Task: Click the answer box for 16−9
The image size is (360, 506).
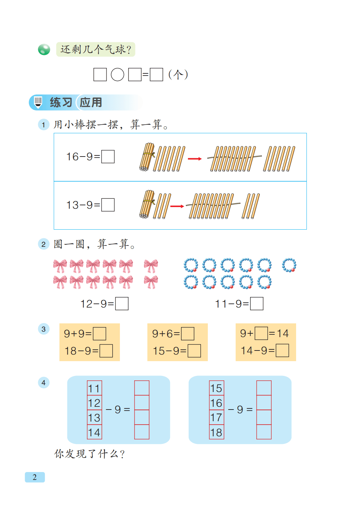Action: [x=108, y=157]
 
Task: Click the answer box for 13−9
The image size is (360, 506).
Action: [x=108, y=205]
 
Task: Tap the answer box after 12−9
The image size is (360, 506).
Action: [x=122, y=303]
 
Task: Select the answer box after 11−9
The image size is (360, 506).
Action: [x=257, y=303]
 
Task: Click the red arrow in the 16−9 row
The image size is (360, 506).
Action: [x=195, y=159]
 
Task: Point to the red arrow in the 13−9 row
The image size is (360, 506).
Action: [x=177, y=206]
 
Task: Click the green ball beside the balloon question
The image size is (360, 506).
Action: [x=44, y=49]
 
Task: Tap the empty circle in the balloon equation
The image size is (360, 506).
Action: [x=117, y=74]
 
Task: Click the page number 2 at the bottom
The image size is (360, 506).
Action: [x=35, y=477]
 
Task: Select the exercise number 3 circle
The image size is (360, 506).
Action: [x=44, y=329]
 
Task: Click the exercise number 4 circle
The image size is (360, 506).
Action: [x=44, y=382]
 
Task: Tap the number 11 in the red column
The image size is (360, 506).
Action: [x=94, y=388]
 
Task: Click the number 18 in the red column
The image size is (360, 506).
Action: [x=216, y=432]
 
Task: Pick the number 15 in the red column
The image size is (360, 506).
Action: [x=216, y=388]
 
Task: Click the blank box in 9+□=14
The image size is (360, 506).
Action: [x=261, y=333]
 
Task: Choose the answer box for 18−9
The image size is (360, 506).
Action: [x=106, y=351]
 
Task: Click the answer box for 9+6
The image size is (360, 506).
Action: [x=188, y=333]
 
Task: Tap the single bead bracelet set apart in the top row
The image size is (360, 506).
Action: [x=289, y=265]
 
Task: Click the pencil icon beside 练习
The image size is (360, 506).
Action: [x=38, y=102]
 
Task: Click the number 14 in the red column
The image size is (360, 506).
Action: [x=94, y=432]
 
